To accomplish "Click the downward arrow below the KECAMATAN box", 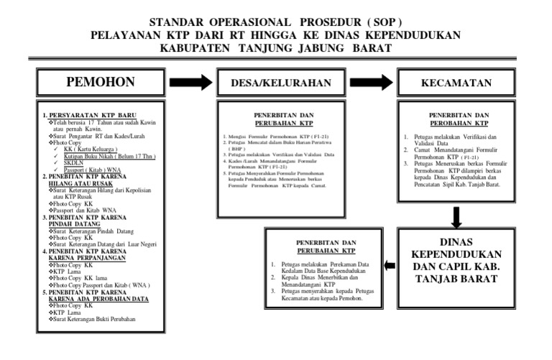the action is tap(456, 216).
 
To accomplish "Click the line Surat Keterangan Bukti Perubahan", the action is tap(95, 318).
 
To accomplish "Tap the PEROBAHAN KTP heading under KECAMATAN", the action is tap(459, 121).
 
